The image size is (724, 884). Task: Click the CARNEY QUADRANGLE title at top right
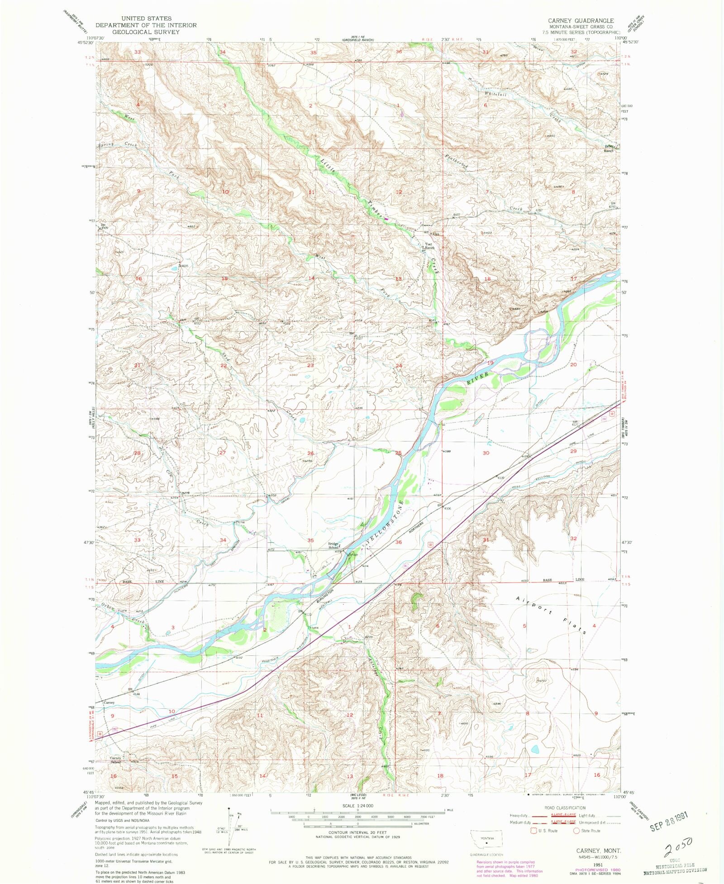581,21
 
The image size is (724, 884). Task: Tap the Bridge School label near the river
333,545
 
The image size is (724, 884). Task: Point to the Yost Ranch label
429,246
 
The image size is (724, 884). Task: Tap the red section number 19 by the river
491,363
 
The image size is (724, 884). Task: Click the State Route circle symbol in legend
576,831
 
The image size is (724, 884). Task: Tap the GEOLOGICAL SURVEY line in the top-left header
146,32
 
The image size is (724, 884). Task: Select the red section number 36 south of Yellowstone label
398,542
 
